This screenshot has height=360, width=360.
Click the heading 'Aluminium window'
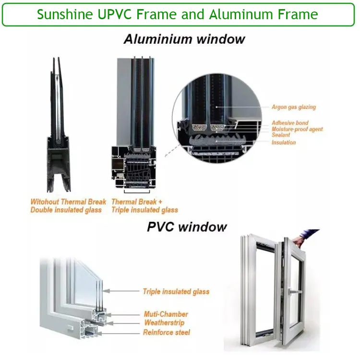coord(184,39)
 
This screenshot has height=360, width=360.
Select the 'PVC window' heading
coord(187,227)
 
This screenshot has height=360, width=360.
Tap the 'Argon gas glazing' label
coord(294,107)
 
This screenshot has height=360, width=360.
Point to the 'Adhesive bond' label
coord(290,122)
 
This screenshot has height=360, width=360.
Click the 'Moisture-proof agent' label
coord(297,129)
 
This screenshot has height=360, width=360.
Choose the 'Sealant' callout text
coord(281,135)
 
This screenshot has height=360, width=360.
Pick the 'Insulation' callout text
coord(284,143)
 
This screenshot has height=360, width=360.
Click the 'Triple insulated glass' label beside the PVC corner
coord(176,291)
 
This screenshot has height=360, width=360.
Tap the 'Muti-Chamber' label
coord(166,314)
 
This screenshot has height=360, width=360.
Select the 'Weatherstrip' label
coord(164,323)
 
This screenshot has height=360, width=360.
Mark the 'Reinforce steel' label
coord(167,332)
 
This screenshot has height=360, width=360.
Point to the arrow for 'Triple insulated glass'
coord(121,291)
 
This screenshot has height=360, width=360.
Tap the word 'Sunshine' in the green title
coord(65,14)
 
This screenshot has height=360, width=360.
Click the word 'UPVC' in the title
coord(115,14)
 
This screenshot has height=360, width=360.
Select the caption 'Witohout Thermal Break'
coord(68,202)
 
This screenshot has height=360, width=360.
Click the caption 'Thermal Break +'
coord(137,202)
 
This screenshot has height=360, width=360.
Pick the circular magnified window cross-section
coord(217,118)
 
